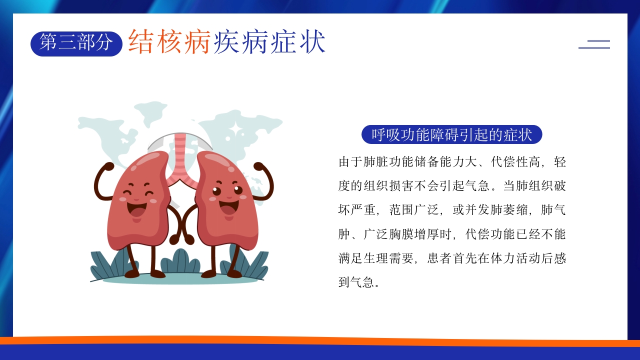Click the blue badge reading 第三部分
pyautogui.click(x=76, y=43)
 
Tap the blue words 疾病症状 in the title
pyautogui.click(x=269, y=41)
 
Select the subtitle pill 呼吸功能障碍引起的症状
pyautogui.click(x=451, y=134)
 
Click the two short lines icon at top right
pyautogui.click(x=594, y=44)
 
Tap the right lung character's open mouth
pyautogui.click(x=229, y=206)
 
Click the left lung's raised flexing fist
pyautogui.click(x=107, y=166)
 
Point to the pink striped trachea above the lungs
pyautogui.click(x=180, y=155)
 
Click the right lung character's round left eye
pyautogui.click(x=217, y=191)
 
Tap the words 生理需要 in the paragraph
pyautogui.click(x=389, y=258)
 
